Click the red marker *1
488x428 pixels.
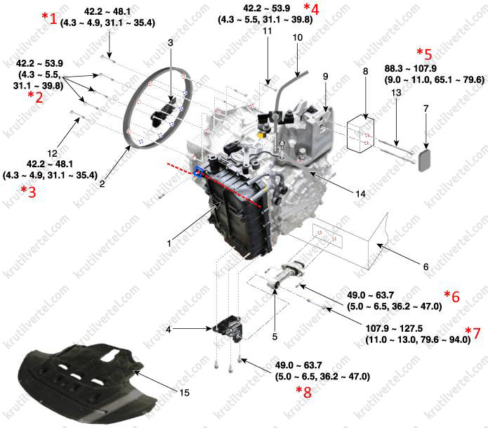(49, 18)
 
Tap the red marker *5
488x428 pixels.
(425, 54)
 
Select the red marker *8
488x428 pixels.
(303, 392)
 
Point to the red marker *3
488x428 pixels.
(28, 192)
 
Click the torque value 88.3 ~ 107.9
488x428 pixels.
(410, 69)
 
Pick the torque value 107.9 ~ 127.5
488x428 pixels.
(394, 328)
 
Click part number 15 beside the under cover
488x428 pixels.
(184, 392)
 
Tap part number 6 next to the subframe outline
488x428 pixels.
(426, 266)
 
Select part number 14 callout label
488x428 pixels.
(360, 194)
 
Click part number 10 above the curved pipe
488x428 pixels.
(298, 37)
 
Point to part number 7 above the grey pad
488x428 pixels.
(426, 108)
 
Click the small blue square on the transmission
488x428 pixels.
(198, 171)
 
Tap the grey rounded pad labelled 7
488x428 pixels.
(425, 160)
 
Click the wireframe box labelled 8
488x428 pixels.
(360, 134)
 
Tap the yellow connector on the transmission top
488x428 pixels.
(261, 134)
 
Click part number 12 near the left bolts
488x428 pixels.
(52, 153)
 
